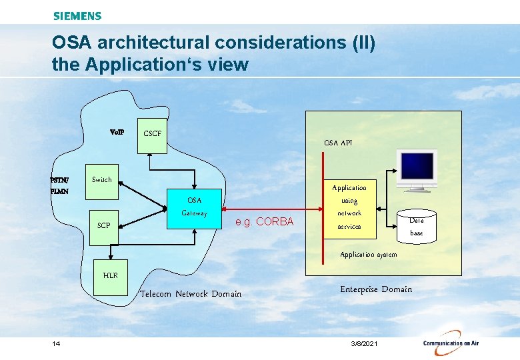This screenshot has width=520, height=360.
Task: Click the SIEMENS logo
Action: [77, 16]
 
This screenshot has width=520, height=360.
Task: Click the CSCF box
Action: [152, 137]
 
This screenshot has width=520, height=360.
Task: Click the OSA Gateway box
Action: [194, 207]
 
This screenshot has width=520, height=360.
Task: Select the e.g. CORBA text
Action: [265, 221]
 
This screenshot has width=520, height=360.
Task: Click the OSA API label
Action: [338, 143]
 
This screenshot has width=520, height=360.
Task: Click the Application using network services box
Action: [349, 207]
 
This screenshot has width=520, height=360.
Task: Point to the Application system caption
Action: [368, 255]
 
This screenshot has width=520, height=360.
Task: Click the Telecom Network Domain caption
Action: [191, 294]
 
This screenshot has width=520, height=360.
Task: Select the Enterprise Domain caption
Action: [376, 289]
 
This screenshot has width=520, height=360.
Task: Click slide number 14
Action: [56, 343]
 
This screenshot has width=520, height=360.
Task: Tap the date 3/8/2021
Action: [364, 343]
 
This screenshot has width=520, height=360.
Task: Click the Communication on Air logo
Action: [451, 343]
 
